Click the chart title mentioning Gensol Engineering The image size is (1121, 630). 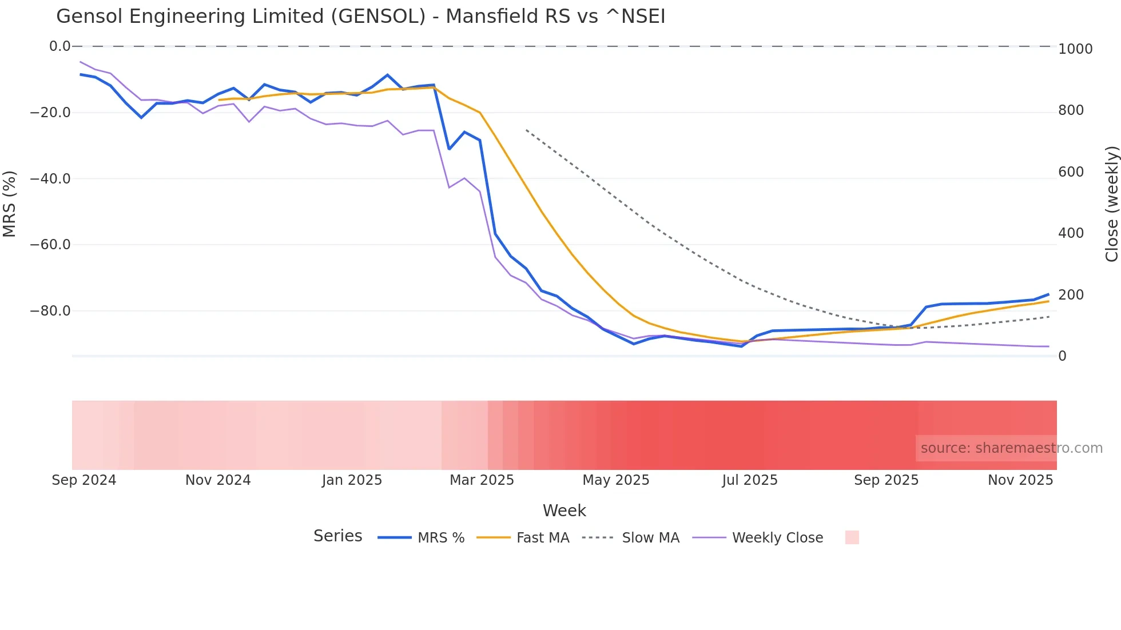point(360,17)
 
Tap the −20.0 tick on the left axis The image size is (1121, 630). point(50,113)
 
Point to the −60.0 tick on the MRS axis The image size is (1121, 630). point(50,245)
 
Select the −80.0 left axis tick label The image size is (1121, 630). point(50,311)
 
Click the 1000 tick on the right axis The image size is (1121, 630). point(1075,49)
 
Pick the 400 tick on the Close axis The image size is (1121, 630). point(1071,233)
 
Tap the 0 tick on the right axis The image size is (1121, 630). point(1062,356)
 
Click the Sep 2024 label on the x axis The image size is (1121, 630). point(84,480)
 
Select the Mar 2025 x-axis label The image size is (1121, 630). point(482,480)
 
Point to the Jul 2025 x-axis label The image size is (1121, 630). point(749,480)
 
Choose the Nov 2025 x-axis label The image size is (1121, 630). point(1020,480)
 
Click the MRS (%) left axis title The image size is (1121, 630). point(9,204)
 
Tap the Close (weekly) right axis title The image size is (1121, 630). point(1111,204)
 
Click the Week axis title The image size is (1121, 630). point(564,511)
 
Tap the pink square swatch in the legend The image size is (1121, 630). point(852,537)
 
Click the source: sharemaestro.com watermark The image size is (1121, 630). point(1011,448)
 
